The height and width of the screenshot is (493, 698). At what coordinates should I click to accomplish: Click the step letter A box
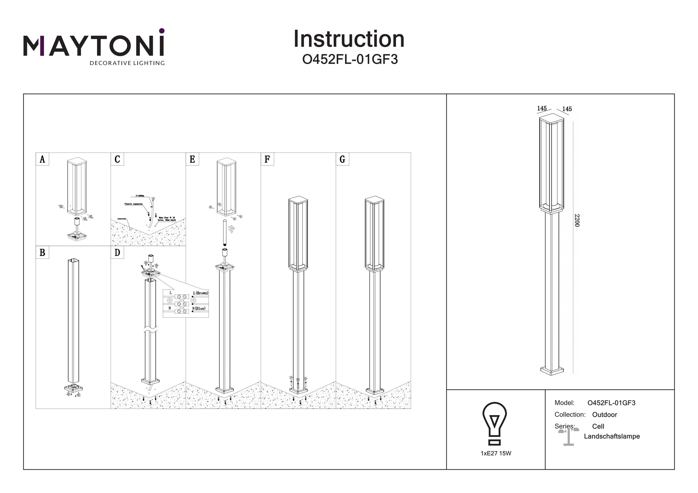(42, 159)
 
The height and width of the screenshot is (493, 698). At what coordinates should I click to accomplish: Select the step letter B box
(42, 252)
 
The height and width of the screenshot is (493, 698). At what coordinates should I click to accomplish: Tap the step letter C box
(117, 159)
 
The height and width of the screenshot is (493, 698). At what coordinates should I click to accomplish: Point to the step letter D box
(117, 252)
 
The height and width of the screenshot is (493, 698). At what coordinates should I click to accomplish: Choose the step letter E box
(192, 159)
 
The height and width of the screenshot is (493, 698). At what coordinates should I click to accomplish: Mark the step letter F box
(267, 159)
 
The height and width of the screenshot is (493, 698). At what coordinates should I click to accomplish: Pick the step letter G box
(342, 159)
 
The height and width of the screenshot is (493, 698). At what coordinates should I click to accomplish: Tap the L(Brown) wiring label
(201, 293)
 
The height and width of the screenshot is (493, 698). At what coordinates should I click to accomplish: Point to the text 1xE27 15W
(496, 453)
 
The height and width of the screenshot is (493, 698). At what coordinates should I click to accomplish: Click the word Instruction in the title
(349, 39)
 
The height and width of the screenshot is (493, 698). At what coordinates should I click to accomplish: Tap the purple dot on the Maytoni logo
(162, 31)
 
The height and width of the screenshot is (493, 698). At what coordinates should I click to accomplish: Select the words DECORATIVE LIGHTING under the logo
(127, 63)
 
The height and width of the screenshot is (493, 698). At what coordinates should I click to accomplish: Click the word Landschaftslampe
(612, 436)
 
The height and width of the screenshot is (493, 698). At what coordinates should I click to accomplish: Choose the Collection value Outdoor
(604, 415)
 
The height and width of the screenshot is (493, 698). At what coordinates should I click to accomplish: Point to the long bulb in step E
(225, 232)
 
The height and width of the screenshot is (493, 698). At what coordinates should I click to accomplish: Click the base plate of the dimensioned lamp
(552, 370)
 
